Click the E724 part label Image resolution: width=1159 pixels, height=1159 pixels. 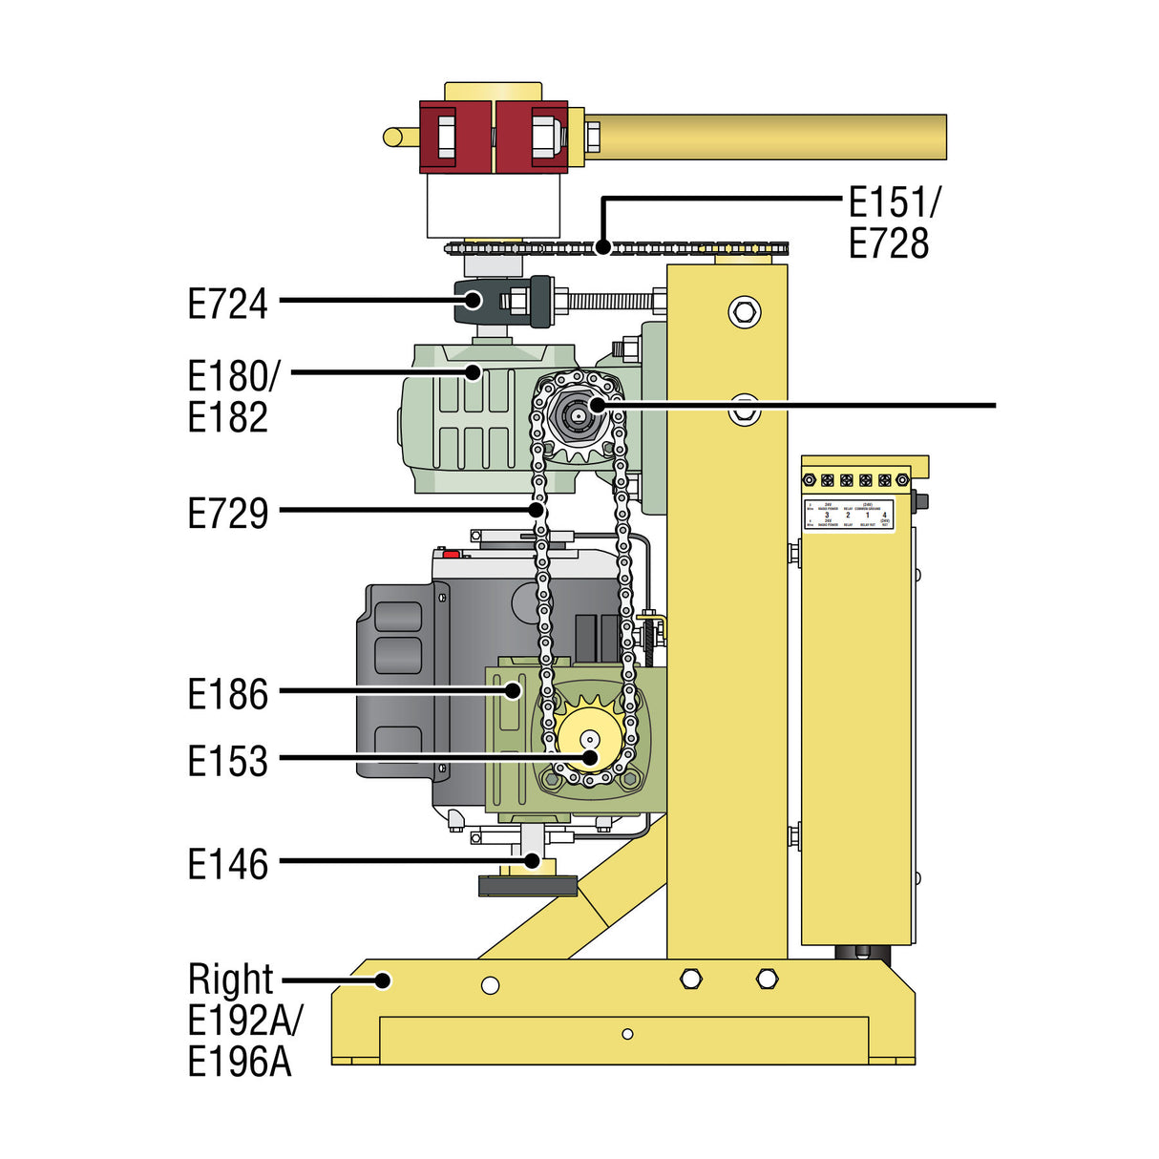[227, 305]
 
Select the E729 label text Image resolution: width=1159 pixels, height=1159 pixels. [227, 514]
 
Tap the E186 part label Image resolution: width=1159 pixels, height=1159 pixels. [227, 694]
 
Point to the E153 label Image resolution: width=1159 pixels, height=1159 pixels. [227, 762]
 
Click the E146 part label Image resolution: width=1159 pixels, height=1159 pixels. [227, 864]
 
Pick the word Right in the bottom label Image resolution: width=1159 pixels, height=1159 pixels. [230, 980]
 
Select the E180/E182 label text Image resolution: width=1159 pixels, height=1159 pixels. [231, 396]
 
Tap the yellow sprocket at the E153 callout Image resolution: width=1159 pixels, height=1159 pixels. [589, 740]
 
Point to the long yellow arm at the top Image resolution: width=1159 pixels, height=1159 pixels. [764, 137]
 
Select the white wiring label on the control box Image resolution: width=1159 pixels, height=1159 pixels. [849, 514]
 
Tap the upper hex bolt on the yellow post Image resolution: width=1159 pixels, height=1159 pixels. [744, 311]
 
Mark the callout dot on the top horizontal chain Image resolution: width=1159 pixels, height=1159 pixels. [602, 246]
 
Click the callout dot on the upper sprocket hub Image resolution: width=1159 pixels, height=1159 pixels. [598, 405]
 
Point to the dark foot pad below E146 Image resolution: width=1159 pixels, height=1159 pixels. [528, 886]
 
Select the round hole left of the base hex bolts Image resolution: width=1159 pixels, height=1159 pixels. [490, 984]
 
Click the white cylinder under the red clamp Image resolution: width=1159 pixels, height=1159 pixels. [493, 205]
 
